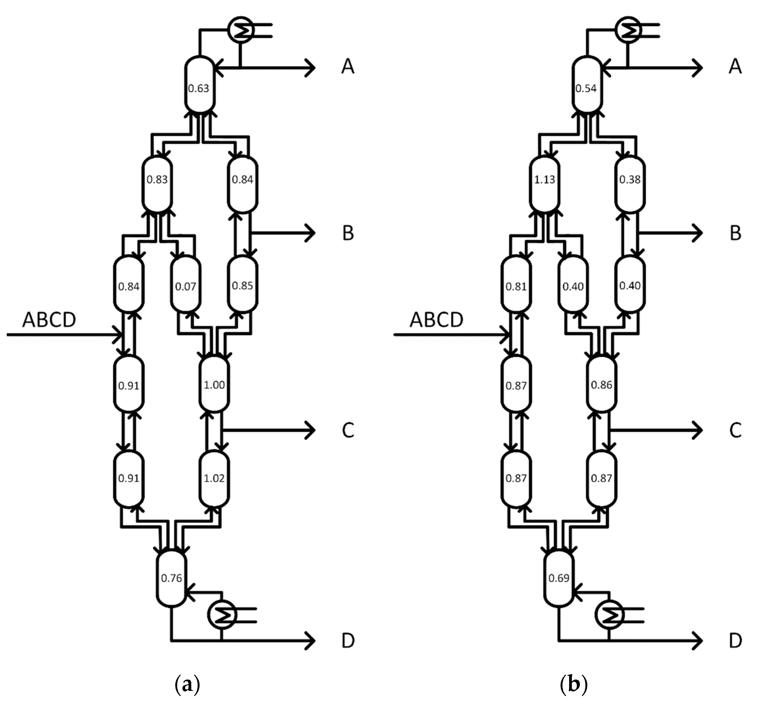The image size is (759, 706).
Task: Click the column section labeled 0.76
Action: pyautogui.click(x=171, y=578)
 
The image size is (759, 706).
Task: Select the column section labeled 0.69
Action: pyautogui.click(x=559, y=578)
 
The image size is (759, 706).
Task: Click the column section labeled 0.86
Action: pyautogui.click(x=601, y=384)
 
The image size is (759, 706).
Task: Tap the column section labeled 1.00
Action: pyautogui.click(x=214, y=384)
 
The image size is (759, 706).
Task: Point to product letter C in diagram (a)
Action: pyautogui.click(x=348, y=430)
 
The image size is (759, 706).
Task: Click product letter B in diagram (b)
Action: pyautogui.click(x=735, y=233)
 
